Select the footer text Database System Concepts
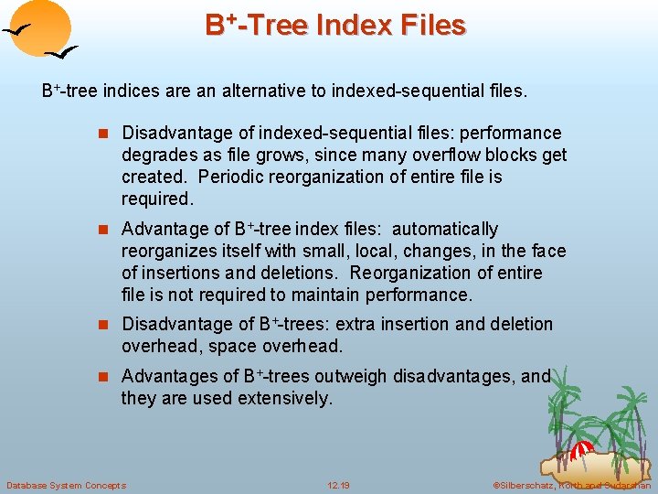pos(66,485)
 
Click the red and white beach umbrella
pos(582,450)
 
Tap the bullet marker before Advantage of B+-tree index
pos(103,230)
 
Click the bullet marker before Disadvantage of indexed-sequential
pos(103,134)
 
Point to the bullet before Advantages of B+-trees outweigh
pos(103,377)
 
